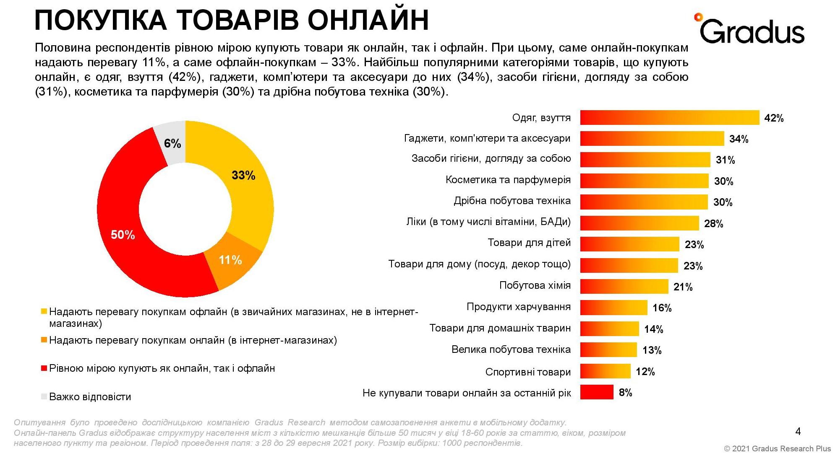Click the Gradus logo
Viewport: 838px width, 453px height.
click(x=749, y=29)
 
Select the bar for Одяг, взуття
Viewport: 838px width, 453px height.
click(x=669, y=118)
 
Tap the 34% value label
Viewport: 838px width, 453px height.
click(x=739, y=139)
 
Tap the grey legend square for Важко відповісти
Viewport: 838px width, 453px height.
click(x=44, y=396)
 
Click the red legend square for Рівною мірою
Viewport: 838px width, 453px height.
click(x=44, y=368)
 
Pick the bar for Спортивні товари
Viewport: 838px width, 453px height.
click(x=605, y=371)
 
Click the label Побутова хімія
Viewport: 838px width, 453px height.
click(x=535, y=286)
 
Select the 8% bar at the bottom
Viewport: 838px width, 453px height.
click(x=596, y=392)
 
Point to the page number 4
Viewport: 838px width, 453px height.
click(x=798, y=431)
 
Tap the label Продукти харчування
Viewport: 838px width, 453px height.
click(x=518, y=307)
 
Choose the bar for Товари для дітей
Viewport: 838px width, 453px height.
click(x=629, y=244)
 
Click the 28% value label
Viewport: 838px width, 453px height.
click(x=713, y=224)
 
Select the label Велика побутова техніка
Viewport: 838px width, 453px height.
click(x=511, y=349)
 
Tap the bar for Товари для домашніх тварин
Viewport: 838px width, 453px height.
click(x=609, y=329)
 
